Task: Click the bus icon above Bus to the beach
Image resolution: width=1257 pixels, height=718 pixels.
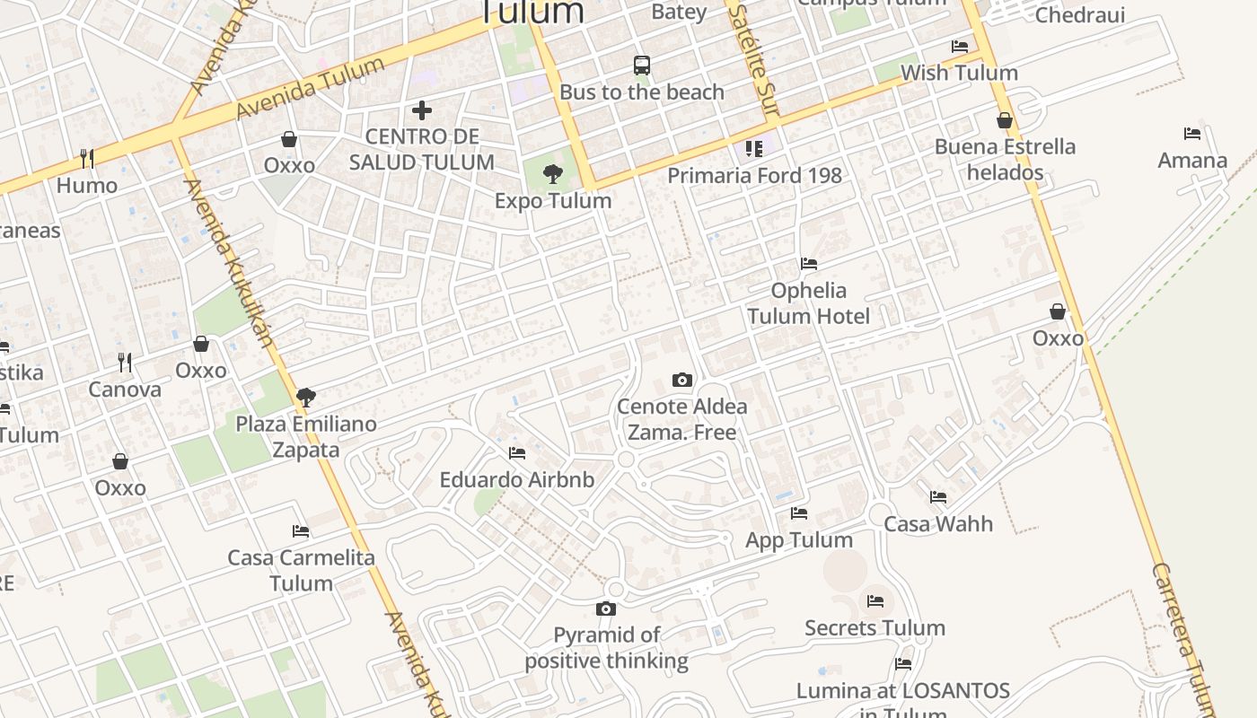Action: (642, 65)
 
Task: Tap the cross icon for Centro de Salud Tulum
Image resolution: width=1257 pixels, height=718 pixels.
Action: (422, 110)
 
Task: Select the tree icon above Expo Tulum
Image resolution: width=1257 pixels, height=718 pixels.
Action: (553, 174)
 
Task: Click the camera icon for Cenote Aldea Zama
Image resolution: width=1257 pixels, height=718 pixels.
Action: (682, 380)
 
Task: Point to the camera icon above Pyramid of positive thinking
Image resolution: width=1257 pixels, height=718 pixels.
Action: (606, 609)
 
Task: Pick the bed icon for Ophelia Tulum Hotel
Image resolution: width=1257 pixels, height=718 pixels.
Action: (809, 264)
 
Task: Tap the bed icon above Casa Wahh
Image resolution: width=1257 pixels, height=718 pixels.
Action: (938, 496)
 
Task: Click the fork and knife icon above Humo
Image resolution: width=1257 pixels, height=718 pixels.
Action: (87, 159)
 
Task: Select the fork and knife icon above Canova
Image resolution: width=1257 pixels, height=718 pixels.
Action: (125, 363)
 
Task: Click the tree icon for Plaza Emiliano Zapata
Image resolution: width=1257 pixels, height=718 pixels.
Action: (306, 397)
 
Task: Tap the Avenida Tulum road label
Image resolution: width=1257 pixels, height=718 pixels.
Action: (310, 88)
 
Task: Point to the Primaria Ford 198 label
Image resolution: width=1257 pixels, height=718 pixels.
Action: (754, 175)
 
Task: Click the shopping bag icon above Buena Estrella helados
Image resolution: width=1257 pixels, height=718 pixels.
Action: (1005, 120)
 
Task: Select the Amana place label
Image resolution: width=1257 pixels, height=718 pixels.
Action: (1192, 161)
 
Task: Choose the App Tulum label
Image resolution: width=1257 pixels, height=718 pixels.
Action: (799, 539)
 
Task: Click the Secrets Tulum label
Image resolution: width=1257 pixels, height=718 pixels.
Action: (875, 627)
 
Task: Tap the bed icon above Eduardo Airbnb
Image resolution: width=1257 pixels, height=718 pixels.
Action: (516, 453)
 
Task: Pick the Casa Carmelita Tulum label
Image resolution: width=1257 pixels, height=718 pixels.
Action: (301, 570)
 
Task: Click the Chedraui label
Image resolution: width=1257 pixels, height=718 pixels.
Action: (1080, 15)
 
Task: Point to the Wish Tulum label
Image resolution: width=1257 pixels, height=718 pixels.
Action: (959, 73)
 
